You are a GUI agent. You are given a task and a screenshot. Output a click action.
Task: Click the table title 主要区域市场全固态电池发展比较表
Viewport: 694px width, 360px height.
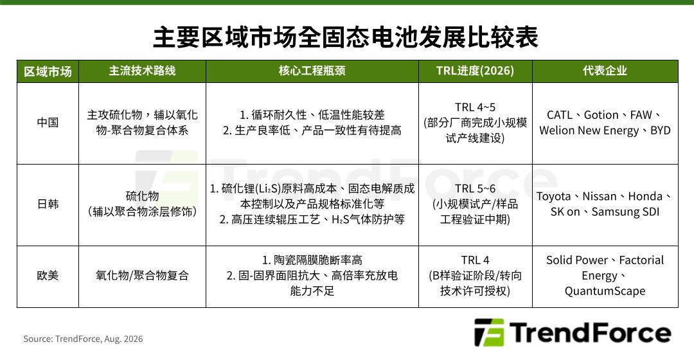tap(346, 37)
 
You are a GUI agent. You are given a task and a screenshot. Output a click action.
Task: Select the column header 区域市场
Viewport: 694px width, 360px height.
tap(48, 71)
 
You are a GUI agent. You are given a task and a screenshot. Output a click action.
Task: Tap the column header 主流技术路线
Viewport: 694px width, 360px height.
tap(142, 71)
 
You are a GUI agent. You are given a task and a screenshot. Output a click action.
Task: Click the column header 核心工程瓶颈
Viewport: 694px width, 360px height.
tap(312, 71)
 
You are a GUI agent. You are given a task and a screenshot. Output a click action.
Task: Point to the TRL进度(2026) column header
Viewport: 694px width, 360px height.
tap(475, 71)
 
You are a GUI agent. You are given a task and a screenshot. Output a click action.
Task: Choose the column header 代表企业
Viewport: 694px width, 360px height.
tap(605, 71)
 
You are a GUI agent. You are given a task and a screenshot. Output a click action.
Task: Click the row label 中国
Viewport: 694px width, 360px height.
tap(48, 122)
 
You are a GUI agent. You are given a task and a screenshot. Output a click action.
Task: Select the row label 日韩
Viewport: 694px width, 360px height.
tap(48, 204)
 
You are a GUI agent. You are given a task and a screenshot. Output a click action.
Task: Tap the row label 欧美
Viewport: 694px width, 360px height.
tap(48, 275)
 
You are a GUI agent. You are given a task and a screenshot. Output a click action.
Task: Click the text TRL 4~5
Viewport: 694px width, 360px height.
tap(476, 107)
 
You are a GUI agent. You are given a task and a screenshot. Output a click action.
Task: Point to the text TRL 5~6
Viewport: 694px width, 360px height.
tap(476, 188)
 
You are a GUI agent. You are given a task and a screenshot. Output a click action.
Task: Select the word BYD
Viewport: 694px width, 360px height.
tap(661, 130)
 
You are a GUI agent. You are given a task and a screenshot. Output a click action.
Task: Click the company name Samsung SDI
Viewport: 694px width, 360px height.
tap(625, 212)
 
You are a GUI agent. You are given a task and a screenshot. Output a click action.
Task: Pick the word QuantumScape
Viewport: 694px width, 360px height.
tap(605, 291)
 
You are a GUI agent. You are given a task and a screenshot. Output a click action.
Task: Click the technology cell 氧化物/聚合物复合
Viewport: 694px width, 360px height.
tap(142, 275)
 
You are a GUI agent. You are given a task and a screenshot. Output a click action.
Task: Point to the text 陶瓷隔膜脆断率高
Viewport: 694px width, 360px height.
tap(318, 260)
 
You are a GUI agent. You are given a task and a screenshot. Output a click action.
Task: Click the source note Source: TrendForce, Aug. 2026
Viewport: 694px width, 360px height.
tap(83, 339)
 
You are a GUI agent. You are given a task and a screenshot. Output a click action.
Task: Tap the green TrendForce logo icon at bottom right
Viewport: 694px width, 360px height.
tap(488, 332)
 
